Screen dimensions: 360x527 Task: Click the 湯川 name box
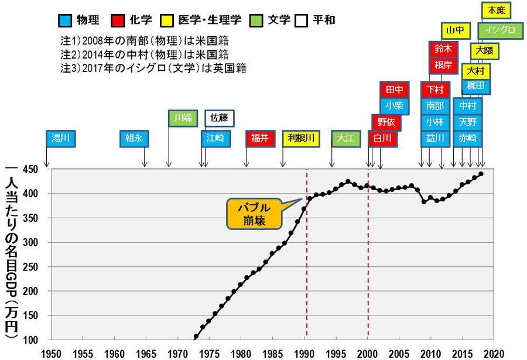point(60,139)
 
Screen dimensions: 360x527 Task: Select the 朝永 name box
point(134,139)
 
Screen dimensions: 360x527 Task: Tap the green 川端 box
point(183,118)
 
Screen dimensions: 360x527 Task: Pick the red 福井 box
point(260,139)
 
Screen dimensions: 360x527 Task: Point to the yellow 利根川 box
point(301,139)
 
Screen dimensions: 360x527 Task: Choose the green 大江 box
point(346,139)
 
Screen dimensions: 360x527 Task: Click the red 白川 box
point(382,139)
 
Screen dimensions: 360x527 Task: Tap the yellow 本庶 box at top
point(495,11)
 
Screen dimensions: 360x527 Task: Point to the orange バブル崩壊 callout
point(253,214)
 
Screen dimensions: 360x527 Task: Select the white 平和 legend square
point(302,20)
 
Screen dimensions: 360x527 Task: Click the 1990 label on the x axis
point(304,354)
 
